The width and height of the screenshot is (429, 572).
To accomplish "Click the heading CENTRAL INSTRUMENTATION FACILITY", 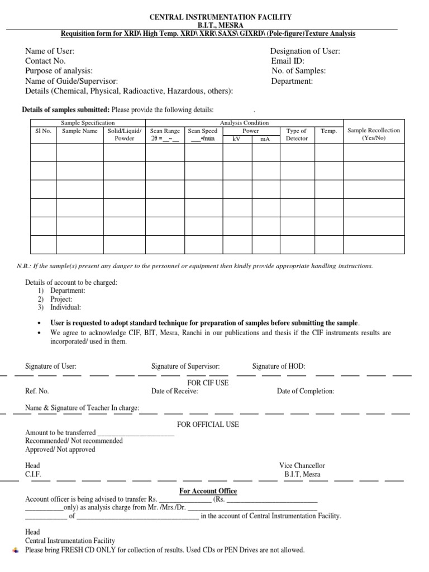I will tap(215, 18).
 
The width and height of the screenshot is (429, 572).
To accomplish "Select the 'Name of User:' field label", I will tap(50, 51).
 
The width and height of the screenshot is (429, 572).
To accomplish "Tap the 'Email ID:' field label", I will tap(288, 61).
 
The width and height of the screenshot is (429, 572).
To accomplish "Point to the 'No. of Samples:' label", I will tap(298, 71).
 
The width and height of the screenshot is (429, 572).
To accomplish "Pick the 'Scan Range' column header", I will tap(165, 131).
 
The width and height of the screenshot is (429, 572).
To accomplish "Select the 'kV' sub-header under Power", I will tap(236, 139).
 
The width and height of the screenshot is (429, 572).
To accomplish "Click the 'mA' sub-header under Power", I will tap(265, 139).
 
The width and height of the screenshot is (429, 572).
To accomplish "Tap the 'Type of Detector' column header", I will tap(297, 135).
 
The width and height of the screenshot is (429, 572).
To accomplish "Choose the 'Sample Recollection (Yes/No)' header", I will tap(374, 134).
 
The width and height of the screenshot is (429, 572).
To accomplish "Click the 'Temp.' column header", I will tap(329, 131).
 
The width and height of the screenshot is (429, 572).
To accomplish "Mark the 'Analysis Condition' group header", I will tap(244, 122).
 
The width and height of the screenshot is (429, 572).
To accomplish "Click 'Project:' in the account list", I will tap(61, 299).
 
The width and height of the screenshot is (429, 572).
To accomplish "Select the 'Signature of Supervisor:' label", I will tap(185, 366).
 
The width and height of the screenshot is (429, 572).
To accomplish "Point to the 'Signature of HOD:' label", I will tap(279, 366).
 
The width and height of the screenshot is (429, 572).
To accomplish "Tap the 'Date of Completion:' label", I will tap(306, 391).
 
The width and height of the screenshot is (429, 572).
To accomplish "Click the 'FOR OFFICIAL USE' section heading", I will tap(208, 425).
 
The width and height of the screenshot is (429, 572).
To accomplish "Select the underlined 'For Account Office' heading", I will tap(208, 491).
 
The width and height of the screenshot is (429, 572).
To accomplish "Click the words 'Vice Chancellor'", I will tap(302, 465).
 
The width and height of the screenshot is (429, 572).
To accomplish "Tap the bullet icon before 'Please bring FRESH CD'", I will tap(15, 550).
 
